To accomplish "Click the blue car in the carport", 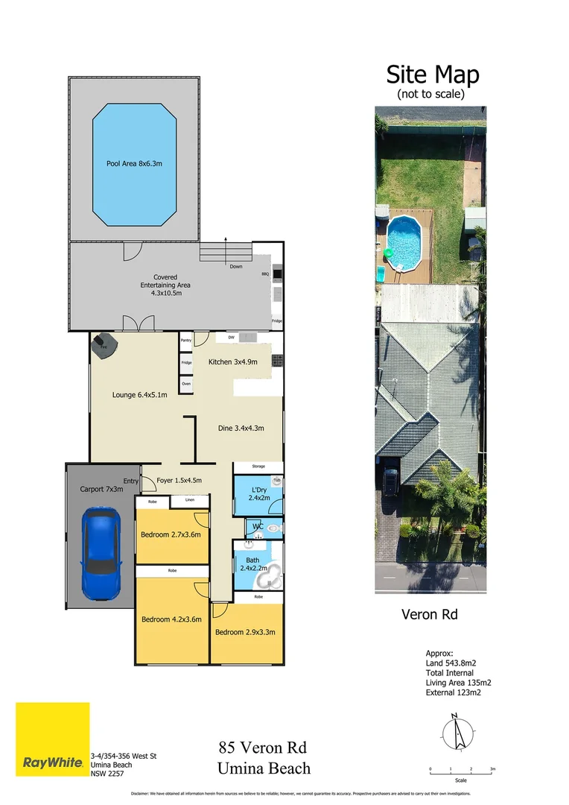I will click(101, 551).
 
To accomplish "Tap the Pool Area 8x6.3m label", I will click(134, 163).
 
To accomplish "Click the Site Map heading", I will click(432, 75).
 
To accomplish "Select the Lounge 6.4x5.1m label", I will click(139, 395).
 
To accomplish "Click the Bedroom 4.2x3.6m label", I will click(171, 619).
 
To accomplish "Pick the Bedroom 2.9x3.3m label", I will click(245, 632).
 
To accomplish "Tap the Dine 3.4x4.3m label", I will click(241, 428).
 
